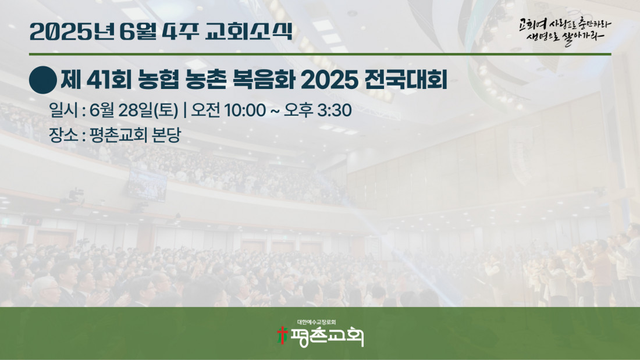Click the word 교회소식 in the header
[x=248, y=31]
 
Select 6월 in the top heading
[x=138, y=31]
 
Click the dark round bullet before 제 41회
[x=43, y=80]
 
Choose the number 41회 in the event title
[x=109, y=80]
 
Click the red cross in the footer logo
[x=282, y=335]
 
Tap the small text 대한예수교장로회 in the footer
[x=317, y=322]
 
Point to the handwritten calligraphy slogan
[x=565, y=31]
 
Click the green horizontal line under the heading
[x=320, y=54]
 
